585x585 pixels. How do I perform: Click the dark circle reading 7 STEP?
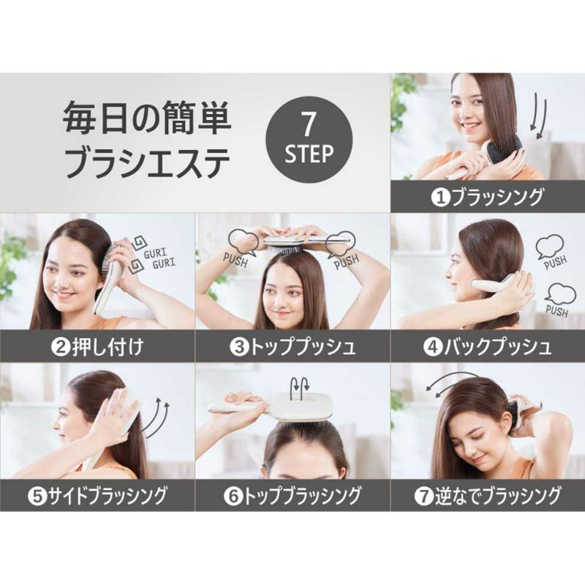coord(309,142)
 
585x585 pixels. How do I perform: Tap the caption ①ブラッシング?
coord(487,197)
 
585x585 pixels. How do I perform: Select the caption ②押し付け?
coord(97,347)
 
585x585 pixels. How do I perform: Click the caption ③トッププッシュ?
coord(293,347)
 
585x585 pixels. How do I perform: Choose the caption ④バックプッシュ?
coord(487,347)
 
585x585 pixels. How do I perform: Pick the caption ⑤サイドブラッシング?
coord(97,497)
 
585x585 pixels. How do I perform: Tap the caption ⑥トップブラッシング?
coord(293,497)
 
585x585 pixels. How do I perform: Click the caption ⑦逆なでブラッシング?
coord(487,497)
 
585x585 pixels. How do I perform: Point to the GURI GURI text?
coord(159,258)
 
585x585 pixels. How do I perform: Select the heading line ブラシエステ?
coord(146,162)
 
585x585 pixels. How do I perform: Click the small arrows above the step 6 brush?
coord(301,385)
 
